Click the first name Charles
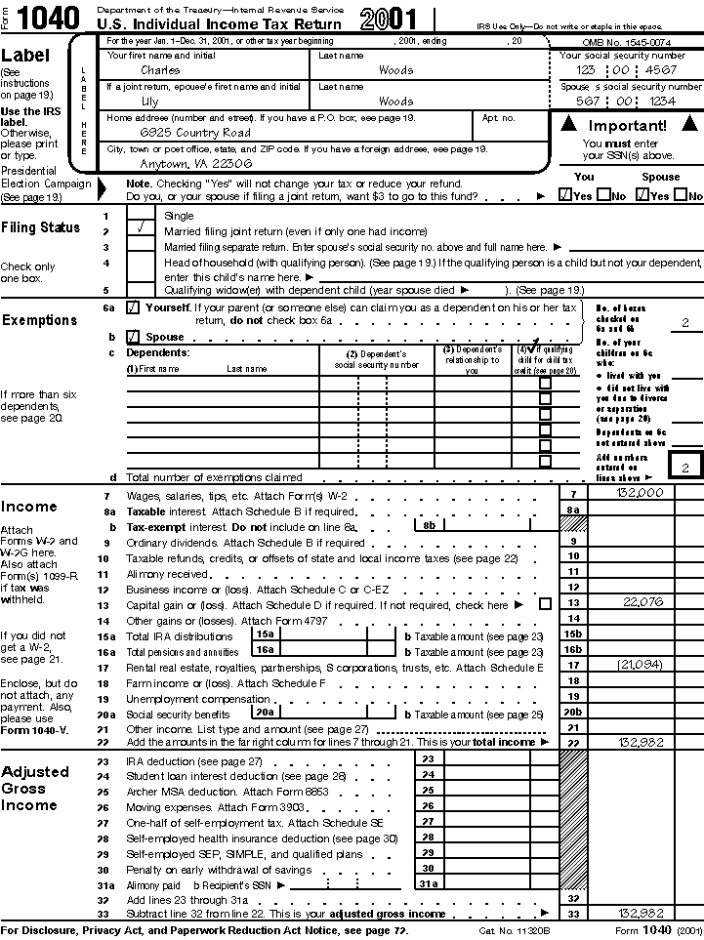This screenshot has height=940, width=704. (160, 70)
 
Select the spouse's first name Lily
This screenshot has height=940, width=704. (149, 101)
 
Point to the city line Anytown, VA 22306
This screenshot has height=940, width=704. (183, 163)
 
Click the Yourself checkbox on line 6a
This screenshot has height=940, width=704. (133, 307)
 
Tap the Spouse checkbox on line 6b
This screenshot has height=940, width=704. (133, 336)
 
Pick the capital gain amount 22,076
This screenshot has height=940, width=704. (642, 602)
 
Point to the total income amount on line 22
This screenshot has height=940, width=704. (641, 743)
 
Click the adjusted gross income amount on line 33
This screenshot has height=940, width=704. (641, 914)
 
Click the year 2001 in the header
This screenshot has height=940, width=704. (388, 20)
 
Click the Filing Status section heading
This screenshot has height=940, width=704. (40, 227)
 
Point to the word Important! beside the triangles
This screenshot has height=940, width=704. (627, 125)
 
